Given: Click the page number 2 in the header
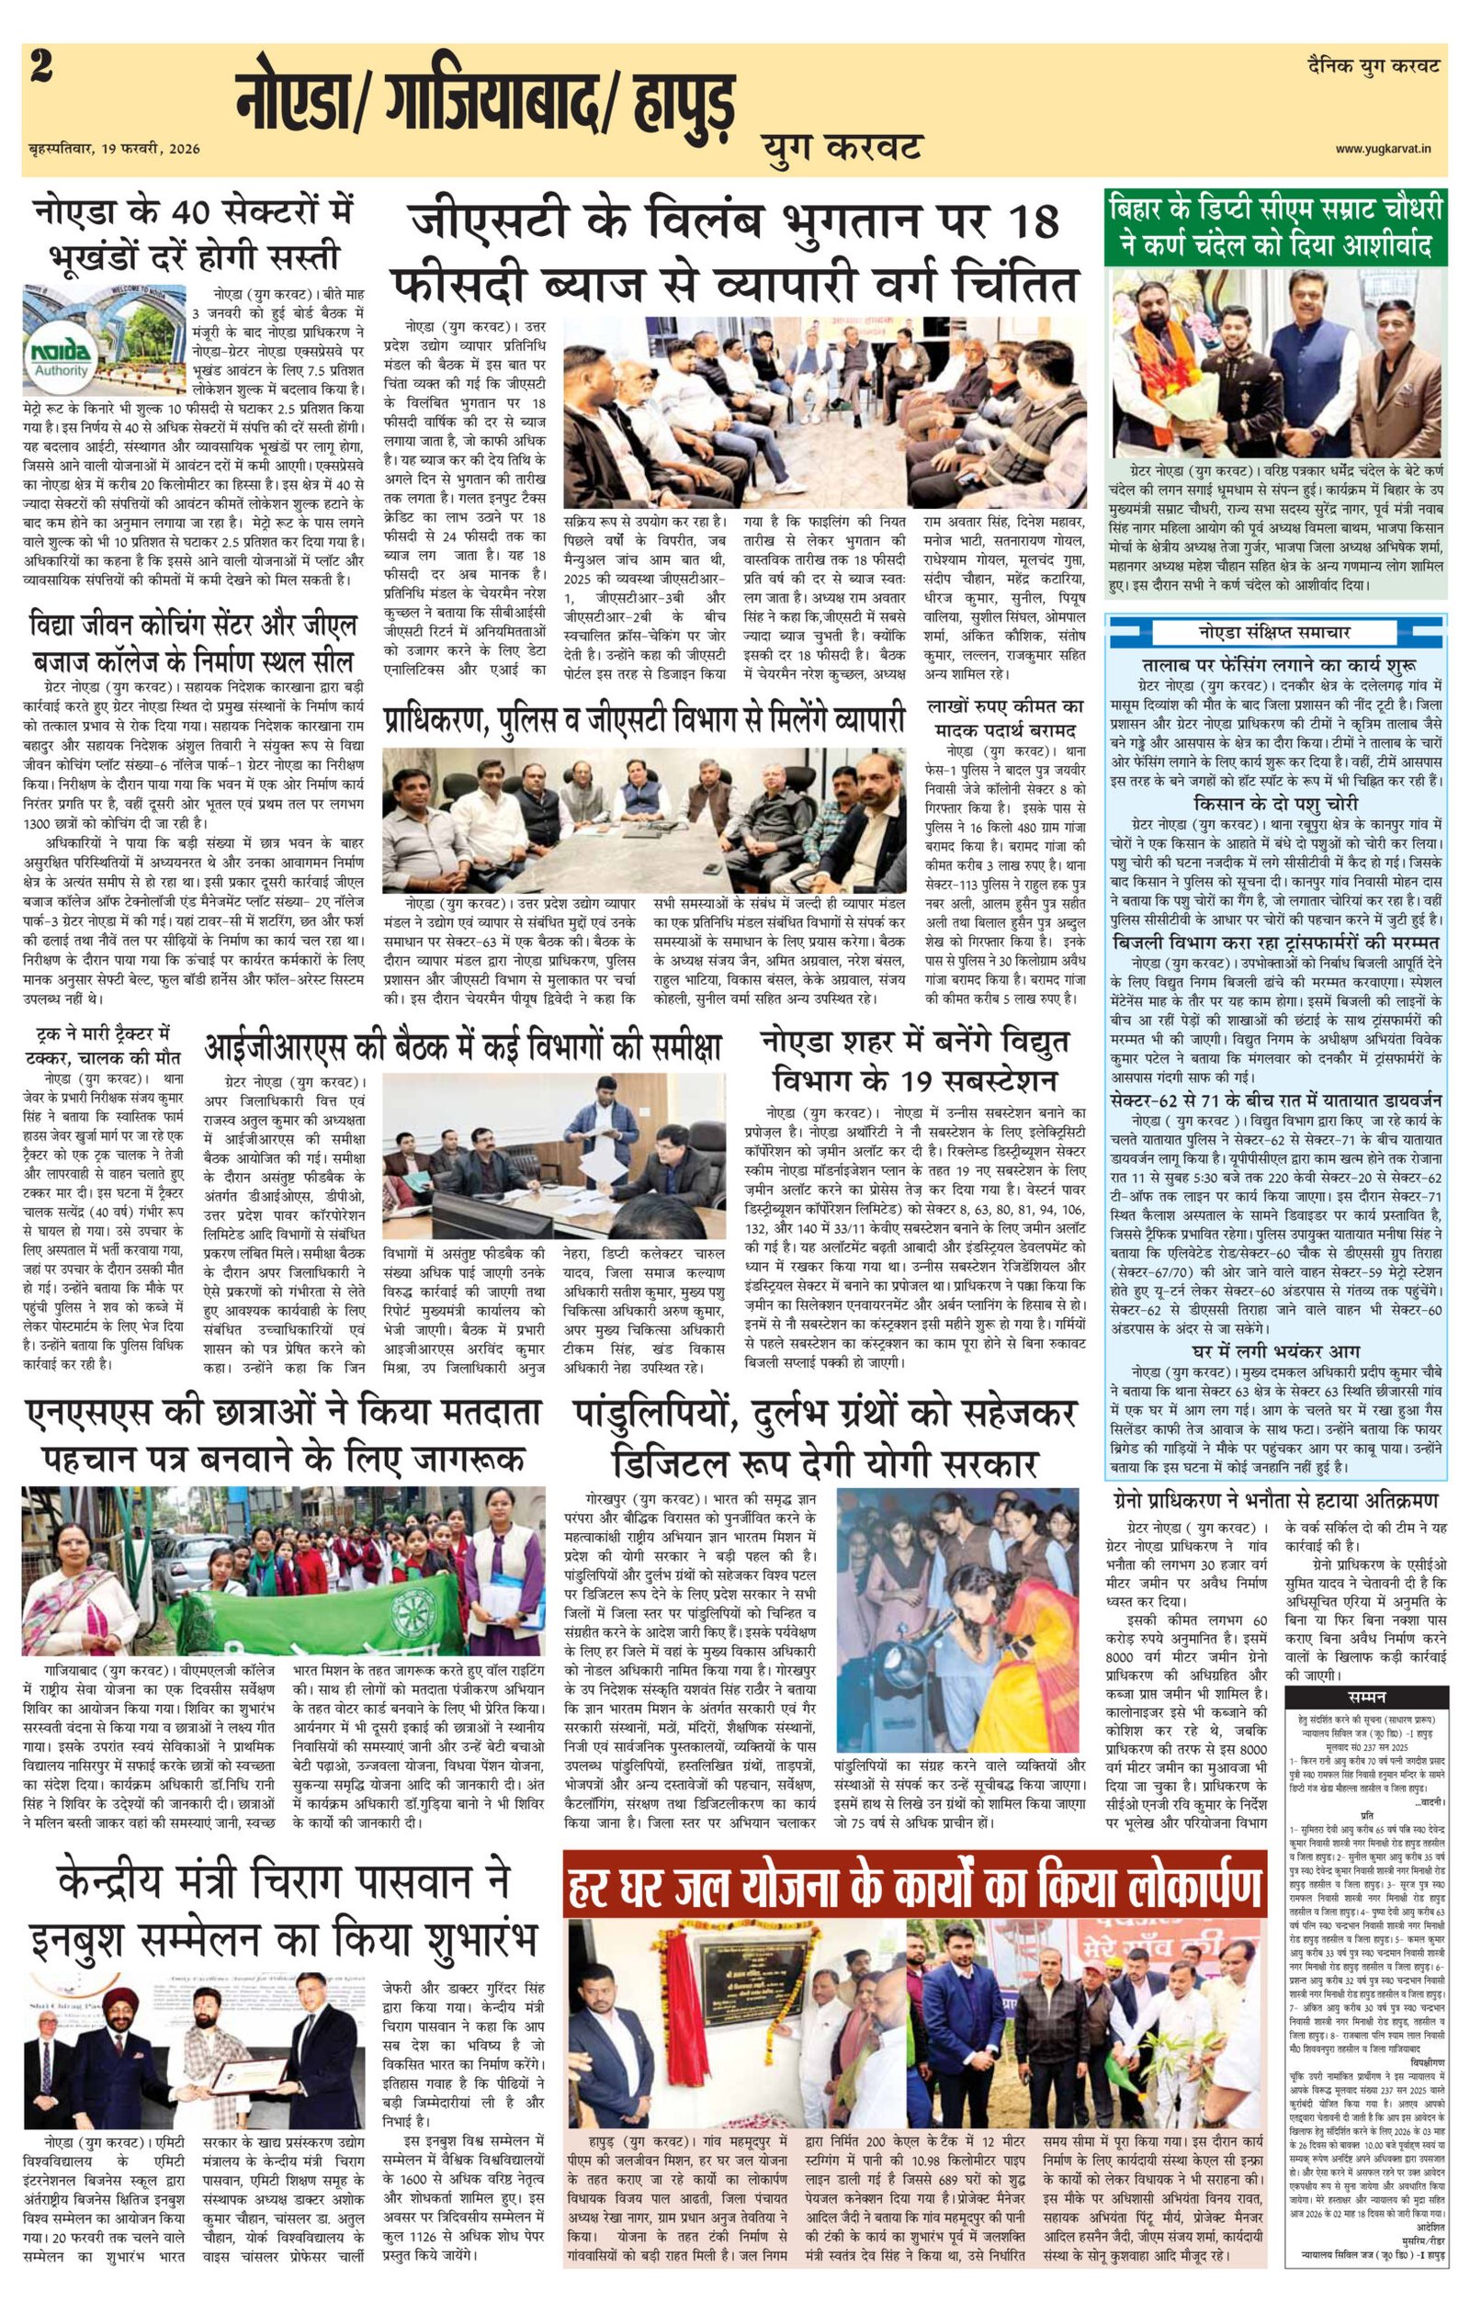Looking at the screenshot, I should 40,70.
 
